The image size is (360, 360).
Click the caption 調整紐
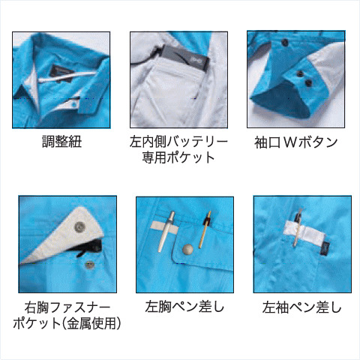tap(61, 142)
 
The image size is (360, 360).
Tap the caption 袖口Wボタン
tap(296, 142)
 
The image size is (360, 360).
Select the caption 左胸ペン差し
tap(184, 307)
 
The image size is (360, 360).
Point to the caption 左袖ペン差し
tap(302, 307)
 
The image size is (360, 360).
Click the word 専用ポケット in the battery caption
tap(178, 157)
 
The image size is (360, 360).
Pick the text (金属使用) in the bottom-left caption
tap(91, 323)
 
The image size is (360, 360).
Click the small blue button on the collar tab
tap(74, 105)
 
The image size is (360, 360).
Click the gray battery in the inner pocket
tap(184, 58)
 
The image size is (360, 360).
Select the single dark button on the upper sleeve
tap(284, 43)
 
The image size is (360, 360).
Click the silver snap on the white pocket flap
tap(79, 226)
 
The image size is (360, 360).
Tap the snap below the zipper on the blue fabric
tap(88, 265)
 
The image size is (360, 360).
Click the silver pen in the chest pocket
tap(166, 231)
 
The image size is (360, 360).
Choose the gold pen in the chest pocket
tap(205, 229)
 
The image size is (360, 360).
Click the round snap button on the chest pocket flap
tap(187, 249)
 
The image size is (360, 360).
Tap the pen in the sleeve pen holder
tap(298, 227)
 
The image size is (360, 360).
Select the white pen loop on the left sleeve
tap(304, 232)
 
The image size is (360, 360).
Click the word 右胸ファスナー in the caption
tap(67, 307)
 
